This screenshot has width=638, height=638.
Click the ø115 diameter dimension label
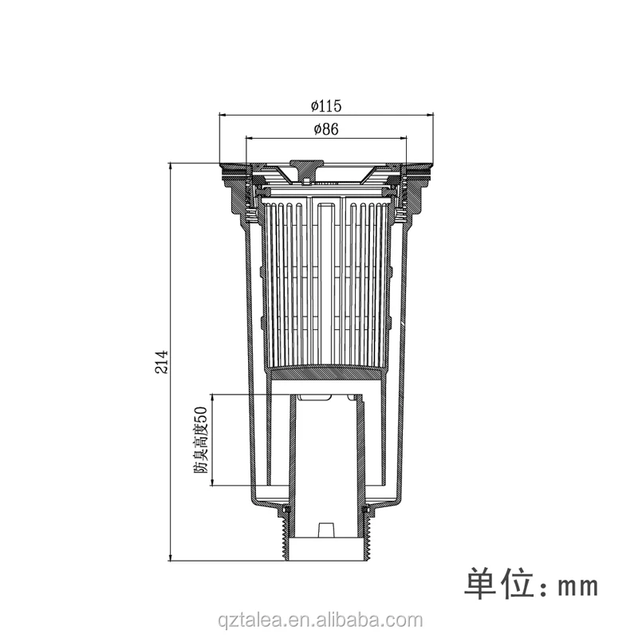click(327, 105)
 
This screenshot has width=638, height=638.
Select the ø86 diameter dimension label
click(327, 129)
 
